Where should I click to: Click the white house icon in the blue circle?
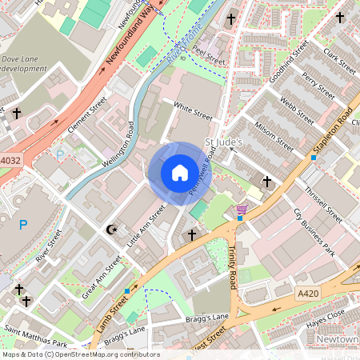point(180,172)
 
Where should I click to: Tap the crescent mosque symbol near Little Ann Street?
point(112,230)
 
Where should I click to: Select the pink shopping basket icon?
point(241,209)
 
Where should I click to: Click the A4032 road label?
point(10,160)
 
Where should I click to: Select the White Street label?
point(193,111)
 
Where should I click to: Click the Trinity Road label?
point(233,269)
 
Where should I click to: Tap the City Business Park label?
point(313,232)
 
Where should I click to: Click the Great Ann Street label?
point(102,279)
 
